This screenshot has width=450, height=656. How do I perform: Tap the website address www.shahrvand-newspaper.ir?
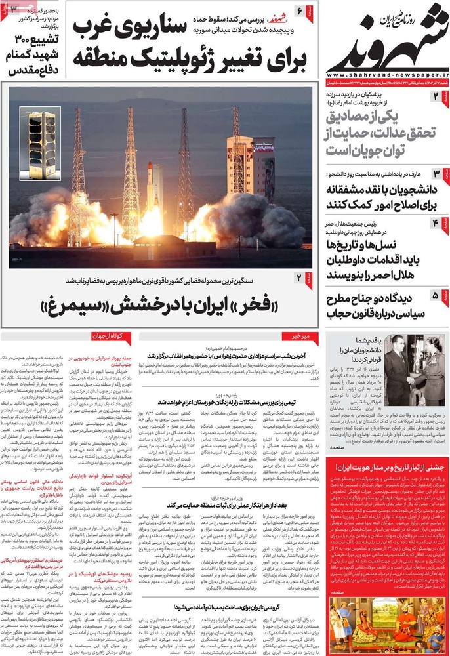click(386, 75)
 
